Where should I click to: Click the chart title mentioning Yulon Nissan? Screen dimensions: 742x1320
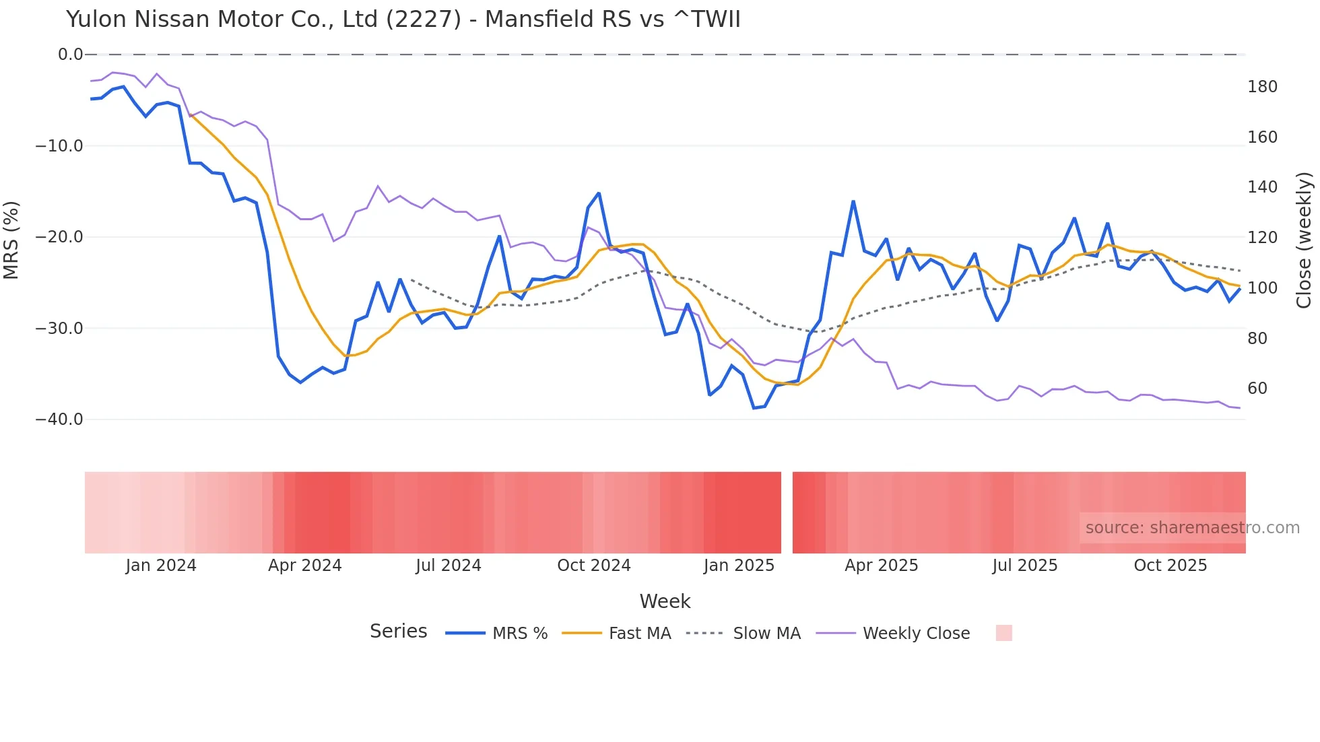403,20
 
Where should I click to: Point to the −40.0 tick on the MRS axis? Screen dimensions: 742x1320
59,419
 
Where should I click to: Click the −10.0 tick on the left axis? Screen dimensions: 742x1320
59,146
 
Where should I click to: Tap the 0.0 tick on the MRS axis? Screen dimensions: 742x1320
70,55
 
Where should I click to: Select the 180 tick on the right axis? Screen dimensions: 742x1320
1262,87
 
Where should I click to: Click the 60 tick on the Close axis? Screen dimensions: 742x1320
1257,389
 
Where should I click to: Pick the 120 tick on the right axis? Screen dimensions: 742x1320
1262,238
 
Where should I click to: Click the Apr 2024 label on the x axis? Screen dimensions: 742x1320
304,566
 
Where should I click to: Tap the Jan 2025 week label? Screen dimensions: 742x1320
739,566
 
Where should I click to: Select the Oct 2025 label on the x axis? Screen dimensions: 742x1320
1170,566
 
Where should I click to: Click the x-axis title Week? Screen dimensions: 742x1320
665,601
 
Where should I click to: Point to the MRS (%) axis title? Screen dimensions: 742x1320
11,240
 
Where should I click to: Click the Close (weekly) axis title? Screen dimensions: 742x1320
1304,240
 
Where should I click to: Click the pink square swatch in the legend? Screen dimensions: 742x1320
1003,633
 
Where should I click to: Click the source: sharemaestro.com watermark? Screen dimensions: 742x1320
1192,528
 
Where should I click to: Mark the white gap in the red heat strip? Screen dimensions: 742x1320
787,512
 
